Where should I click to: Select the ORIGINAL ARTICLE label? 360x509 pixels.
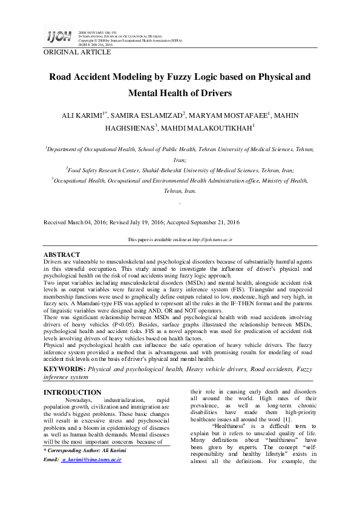77,53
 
